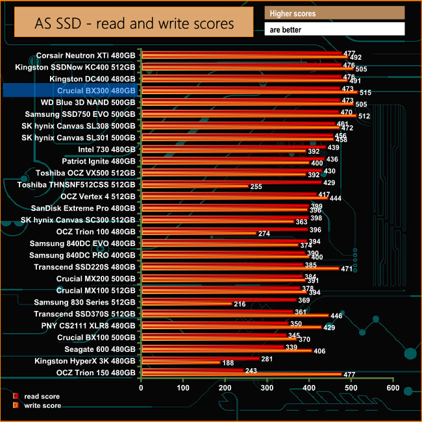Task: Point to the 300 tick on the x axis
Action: (267, 388)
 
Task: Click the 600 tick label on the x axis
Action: (392, 388)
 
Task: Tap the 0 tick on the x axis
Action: (142, 388)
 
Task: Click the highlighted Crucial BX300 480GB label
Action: (97, 91)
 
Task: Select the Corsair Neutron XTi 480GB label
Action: (86, 55)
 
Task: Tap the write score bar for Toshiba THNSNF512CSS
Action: (194, 186)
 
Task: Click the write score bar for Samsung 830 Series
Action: (186, 304)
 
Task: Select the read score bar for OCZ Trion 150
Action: (192, 371)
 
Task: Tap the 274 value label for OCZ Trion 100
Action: (264, 234)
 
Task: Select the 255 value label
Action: (256, 187)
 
